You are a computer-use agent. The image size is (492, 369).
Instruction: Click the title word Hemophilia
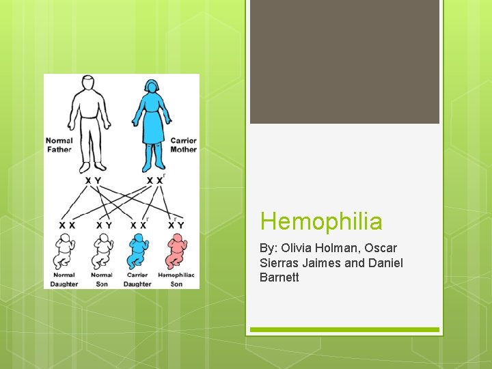(x=321, y=221)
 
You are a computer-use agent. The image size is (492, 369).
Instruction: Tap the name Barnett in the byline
(x=279, y=277)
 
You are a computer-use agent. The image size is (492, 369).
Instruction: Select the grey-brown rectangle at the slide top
(x=344, y=61)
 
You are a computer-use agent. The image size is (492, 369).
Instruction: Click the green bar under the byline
(x=344, y=329)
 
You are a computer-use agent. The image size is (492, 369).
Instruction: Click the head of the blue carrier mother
(x=151, y=89)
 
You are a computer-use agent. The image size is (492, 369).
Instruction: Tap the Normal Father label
(x=59, y=145)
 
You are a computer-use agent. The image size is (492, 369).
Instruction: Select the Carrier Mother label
(x=183, y=145)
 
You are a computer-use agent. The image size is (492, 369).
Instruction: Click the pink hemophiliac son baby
(x=176, y=251)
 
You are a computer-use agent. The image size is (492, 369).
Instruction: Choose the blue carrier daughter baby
(x=139, y=251)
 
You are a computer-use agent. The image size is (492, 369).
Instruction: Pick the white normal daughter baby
(x=65, y=251)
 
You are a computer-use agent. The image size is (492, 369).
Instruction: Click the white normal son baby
(x=102, y=251)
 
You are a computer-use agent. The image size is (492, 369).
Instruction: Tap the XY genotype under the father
(x=93, y=180)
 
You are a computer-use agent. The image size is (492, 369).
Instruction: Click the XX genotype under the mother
(x=155, y=180)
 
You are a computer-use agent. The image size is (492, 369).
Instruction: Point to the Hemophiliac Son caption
(x=176, y=279)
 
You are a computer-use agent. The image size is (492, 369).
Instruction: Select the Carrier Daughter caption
(x=137, y=279)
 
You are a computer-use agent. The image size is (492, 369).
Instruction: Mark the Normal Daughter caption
(x=64, y=279)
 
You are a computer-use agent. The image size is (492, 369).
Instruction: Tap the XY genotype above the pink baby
(x=176, y=225)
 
